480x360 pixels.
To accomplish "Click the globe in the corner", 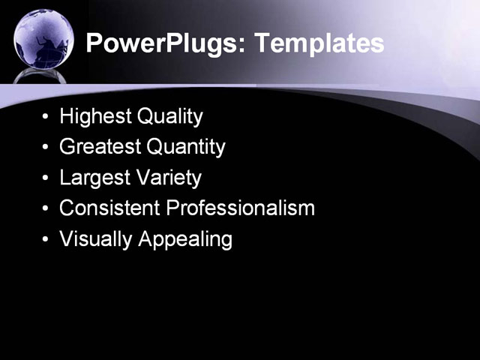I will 43,37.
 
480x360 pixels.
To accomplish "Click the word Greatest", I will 100,147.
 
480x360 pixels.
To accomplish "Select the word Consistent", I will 109,208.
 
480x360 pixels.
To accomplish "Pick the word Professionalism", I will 241,208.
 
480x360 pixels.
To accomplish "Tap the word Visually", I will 91,239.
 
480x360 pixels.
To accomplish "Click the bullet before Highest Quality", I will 46,118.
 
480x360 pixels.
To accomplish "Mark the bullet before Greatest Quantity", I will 46,148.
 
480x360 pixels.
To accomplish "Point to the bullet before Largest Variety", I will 46,178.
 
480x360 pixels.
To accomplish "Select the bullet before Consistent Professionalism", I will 46,208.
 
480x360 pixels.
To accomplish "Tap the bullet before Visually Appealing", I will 46,240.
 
